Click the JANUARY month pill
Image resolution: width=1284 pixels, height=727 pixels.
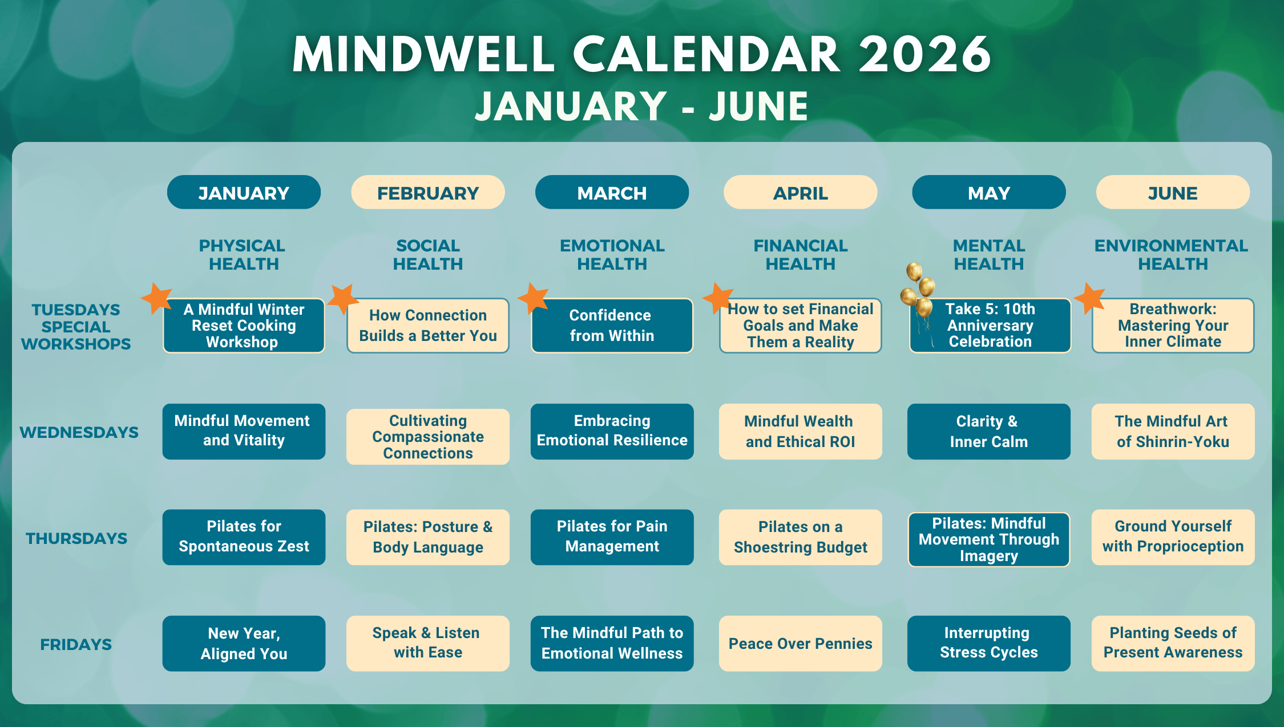click(244, 193)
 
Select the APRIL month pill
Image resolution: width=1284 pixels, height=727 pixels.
click(800, 193)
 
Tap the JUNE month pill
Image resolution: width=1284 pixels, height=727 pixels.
click(1173, 193)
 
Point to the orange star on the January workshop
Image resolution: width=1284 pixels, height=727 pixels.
click(156, 297)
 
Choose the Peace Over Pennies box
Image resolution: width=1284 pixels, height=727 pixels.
click(800, 643)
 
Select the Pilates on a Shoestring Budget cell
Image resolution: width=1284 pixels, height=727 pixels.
click(800, 537)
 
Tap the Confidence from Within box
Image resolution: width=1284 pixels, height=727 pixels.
click(612, 326)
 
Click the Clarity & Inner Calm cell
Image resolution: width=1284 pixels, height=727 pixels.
click(989, 432)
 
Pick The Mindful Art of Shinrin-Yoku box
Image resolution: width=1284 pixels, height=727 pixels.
click(1173, 432)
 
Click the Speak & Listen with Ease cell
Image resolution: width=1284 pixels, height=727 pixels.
click(428, 643)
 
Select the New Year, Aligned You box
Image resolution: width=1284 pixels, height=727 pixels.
click(244, 643)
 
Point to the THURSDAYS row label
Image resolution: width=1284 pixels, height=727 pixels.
click(76, 538)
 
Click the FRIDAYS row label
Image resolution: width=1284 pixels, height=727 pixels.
click(76, 644)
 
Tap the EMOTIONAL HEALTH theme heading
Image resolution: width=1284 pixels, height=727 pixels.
click(612, 255)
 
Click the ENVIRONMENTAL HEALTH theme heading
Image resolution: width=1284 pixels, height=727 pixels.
click(1172, 255)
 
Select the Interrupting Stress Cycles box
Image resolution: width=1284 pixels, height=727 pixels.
click(989, 643)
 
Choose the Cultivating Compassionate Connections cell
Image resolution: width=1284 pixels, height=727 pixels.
click(428, 437)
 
